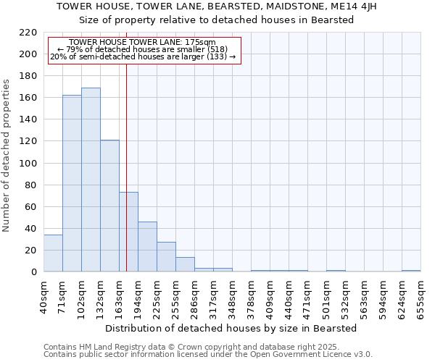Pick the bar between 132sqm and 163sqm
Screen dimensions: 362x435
coord(109,206)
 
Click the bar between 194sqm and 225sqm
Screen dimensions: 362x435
coord(147,247)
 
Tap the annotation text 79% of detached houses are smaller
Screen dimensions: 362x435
coord(142,49)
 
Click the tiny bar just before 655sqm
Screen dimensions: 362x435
coord(411,271)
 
